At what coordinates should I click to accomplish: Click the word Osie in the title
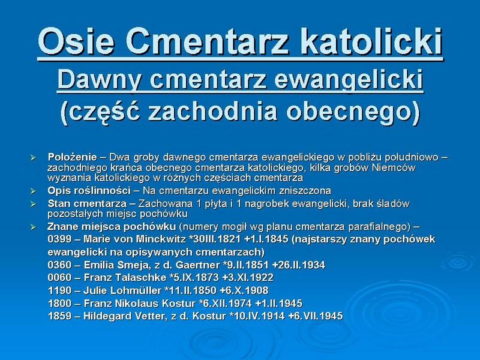point(76,41)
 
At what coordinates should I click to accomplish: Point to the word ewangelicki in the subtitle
point(349,80)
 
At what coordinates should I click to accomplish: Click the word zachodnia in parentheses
point(212,111)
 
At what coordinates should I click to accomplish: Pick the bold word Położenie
point(72,157)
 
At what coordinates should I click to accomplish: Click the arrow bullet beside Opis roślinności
point(33,191)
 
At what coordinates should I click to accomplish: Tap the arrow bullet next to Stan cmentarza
point(33,204)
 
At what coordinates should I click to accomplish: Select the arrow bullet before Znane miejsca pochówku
point(33,227)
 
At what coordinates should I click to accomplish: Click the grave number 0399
point(59,239)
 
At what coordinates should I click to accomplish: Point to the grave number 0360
point(59,265)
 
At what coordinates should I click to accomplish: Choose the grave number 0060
point(59,278)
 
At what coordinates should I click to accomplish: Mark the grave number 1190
point(59,290)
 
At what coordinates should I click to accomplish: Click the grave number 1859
point(59,316)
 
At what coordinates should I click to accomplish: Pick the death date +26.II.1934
point(298,265)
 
